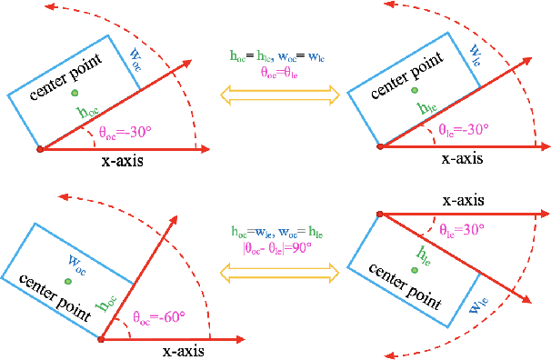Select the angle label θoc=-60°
158,317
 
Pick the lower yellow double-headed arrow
275,270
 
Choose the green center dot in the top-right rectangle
415,91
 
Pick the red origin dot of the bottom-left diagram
100,339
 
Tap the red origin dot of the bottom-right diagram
376,214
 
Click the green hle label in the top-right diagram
426,108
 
